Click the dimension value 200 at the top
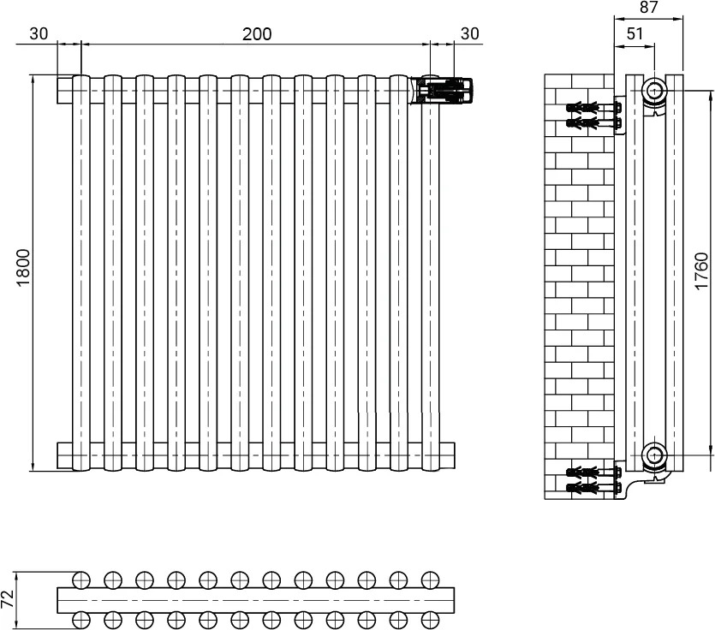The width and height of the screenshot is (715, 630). pyautogui.click(x=257, y=34)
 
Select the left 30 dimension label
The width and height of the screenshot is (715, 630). pyautogui.click(x=39, y=33)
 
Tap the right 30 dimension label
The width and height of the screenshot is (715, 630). pyautogui.click(x=470, y=33)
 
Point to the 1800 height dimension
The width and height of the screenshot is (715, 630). pyautogui.click(x=23, y=268)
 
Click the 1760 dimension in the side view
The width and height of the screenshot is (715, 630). pyautogui.click(x=702, y=270)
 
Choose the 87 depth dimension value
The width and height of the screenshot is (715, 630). pyautogui.click(x=648, y=8)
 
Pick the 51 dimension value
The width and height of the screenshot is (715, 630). pyautogui.click(x=635, y=33)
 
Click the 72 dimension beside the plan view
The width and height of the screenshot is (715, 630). pyautogui.click(x=8, y=598)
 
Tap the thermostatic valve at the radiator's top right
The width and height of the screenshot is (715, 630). pyautogui.click(x=446, y=90)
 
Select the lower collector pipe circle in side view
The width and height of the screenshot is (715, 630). pyautogui.click(x=655, y=454)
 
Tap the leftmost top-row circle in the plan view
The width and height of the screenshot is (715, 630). pyautogui.click(x=81, y=580)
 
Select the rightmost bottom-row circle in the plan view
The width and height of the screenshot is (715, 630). pyautogui.click(x=430, y=620)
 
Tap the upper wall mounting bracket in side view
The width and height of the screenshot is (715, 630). pyautogui.click(x=619, y=116)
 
